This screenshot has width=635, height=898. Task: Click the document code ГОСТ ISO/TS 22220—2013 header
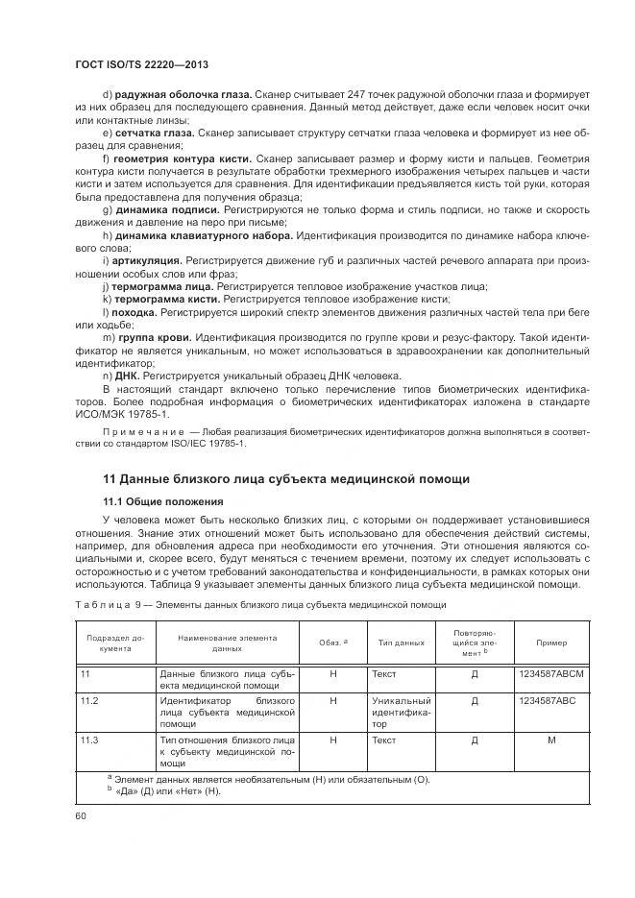point(141,63)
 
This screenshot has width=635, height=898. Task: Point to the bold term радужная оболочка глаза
point(183,93)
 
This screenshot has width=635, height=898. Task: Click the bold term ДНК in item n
point(127,375)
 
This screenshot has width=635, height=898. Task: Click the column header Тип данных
point(402,643)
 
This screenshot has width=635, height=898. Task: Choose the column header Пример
point(551,643)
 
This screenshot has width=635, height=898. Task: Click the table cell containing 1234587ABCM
point(551,674)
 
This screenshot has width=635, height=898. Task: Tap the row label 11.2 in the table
point(90,701)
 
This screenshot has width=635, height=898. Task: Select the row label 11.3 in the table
point(90,740)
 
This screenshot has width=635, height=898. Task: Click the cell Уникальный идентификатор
point(402,713)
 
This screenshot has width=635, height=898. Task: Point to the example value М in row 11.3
point(551,740)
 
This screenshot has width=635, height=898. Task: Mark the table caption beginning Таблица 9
point(259,605)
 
